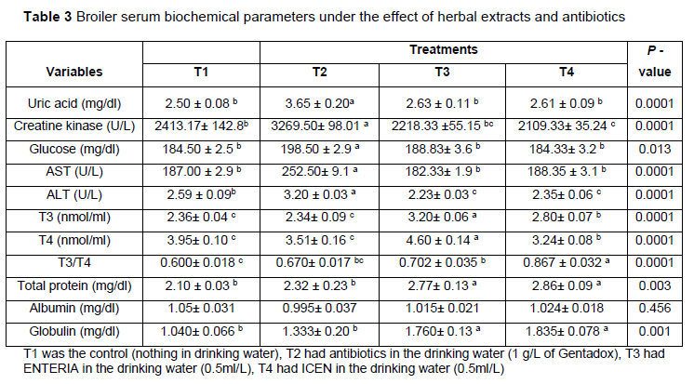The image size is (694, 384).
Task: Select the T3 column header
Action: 442,72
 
